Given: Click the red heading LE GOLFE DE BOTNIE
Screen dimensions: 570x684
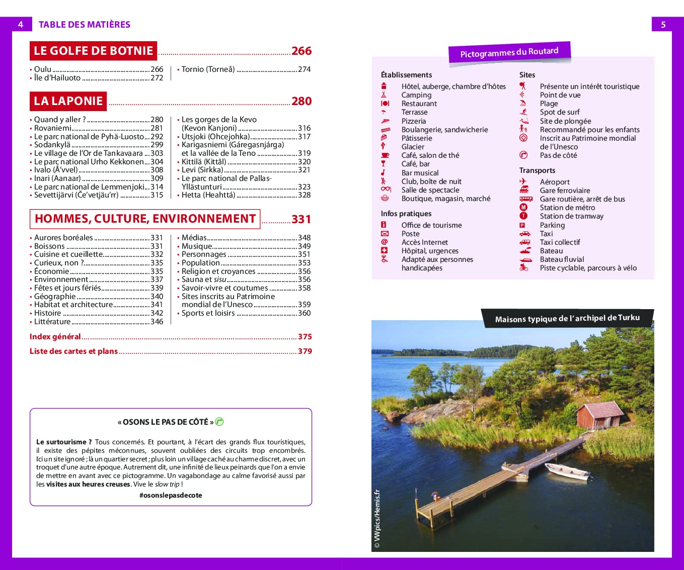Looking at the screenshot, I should [93, 51].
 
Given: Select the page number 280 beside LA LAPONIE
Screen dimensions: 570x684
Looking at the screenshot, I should [301, 101].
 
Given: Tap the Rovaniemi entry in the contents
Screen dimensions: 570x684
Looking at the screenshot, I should [53, 128].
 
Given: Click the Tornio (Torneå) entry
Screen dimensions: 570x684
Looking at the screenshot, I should [208, 69].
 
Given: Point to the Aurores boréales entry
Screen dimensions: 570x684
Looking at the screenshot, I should [63, 238].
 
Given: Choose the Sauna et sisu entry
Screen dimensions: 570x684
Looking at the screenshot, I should [204, 279].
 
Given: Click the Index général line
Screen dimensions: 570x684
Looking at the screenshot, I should [55, 337].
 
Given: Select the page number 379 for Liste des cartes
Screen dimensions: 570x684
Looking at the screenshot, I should [305, 351].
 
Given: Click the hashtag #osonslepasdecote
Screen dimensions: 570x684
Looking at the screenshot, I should [171, 495].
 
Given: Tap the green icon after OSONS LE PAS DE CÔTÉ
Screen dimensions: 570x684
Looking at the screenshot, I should [219, 422].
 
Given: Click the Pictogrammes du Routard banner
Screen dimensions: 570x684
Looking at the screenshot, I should [509, 52].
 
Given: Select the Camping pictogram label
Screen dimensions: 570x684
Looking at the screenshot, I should [416, 95].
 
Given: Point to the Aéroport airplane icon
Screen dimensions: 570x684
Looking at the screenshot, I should [523, 181].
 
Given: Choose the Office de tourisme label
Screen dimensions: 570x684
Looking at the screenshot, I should [431, 225].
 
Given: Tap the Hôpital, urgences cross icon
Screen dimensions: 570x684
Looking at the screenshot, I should [385, 250].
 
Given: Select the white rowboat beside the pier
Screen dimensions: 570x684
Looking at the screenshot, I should [567, 471].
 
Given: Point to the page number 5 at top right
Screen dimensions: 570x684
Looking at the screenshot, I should [663, 25].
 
